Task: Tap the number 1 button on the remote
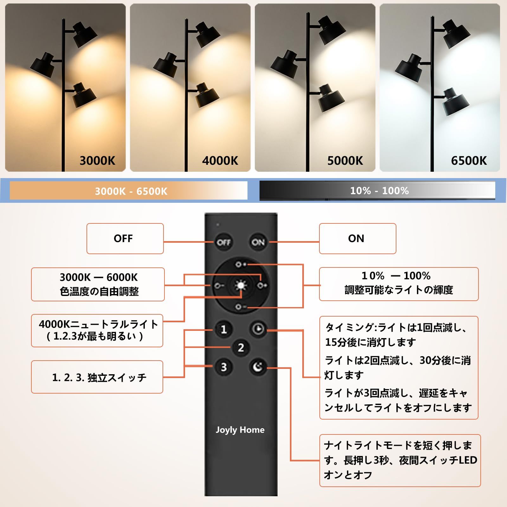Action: click(x=224, y=329)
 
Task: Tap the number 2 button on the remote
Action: click(x=241, y=348)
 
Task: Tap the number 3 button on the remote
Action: click(x=224, y=367)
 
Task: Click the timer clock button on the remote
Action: click(x=258, y=329)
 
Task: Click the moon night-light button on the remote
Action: click(x=258, y=367)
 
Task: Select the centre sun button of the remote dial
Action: click(x=241, y=286)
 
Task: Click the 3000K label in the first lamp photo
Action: click(x=97, y=161)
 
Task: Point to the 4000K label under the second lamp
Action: click(x=220, y=161)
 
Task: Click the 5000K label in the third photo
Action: click(x=345, y=161)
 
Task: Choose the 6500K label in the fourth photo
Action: click(x=469, y=161)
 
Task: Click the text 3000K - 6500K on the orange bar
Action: click(x=131, y=191)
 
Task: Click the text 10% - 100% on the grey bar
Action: click(x=379, y=191)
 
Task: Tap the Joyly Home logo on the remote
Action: click(x=240, y=430)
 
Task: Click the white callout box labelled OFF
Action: click(x=125, y=239)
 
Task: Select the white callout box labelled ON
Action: click(x=357, y=239)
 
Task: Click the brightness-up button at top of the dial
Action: click(x=241, y=264)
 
